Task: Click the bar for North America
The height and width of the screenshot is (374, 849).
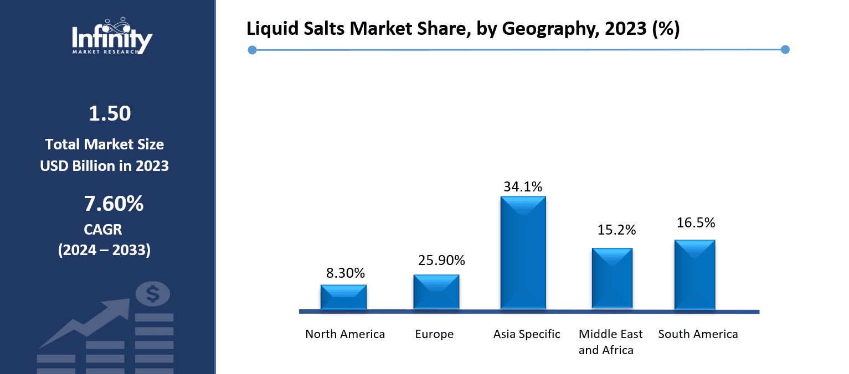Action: [343, 297]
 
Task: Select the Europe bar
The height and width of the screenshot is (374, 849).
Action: [436, 292]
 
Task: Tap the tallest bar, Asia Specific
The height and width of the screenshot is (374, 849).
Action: [523, 253]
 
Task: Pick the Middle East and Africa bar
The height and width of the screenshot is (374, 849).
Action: [612, 278]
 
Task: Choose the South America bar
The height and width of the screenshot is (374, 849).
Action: [694, 274]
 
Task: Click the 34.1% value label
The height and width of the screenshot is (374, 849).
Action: [523, 187]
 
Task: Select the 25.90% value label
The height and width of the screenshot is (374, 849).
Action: [441, 260]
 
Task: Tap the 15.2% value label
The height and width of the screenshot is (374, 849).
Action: [616, 230]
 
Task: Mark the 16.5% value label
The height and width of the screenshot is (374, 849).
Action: [696, 223]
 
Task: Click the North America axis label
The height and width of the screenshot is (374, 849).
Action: [345, 334]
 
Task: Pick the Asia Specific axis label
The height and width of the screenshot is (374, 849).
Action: [527, 334]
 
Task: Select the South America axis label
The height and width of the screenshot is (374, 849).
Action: [698, 334]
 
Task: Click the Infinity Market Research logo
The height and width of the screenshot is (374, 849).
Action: [112, 37]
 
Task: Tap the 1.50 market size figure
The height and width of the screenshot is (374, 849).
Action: [110, 113]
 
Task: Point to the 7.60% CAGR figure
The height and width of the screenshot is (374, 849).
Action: [114, 204]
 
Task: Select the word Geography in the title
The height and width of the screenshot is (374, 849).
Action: [557, 29]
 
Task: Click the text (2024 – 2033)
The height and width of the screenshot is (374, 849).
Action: [104, 250]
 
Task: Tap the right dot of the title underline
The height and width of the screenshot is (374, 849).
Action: [785, 50]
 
